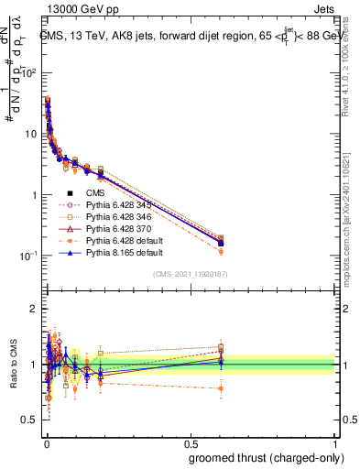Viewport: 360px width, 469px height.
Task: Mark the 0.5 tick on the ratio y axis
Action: coord(34,420)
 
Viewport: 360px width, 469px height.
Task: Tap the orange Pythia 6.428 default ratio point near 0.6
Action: coord(221,388)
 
